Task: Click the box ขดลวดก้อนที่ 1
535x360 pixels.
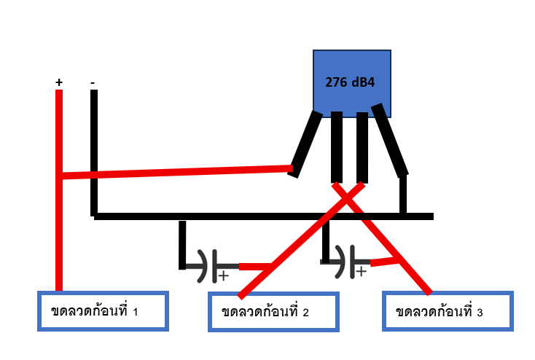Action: pos(103,311)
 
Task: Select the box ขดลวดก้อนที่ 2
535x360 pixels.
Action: pos(273,312)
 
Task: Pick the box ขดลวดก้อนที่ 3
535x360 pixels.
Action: pos(448,312)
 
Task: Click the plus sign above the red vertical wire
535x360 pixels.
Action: pos(59,83)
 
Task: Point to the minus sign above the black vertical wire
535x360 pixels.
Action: pos(93,83)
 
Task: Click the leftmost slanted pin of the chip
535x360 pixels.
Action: pos(305,144)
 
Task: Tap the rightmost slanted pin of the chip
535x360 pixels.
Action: pos(390,140)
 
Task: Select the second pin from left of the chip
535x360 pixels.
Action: pos(337,147)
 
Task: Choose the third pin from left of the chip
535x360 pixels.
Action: pos(362,147)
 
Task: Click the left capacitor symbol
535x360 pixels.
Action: pos(208,266)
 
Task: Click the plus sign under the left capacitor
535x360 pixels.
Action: pos(223,276)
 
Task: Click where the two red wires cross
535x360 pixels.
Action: pos(350,193)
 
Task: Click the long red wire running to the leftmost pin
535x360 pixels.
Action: pos(175,171)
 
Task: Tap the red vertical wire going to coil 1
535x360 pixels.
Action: pos(59,233)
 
